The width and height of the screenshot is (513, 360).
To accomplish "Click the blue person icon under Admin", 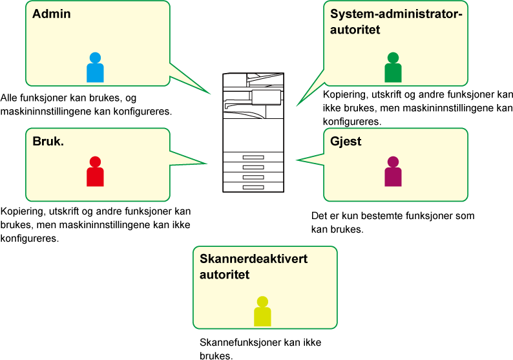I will point(95,68).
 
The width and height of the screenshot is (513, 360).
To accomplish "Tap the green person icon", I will point(393,68).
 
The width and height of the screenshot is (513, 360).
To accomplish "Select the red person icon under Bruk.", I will point(95,172).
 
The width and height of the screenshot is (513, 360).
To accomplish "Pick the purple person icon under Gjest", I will point(393,172).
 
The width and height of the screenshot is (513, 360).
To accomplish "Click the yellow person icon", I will point(262,312).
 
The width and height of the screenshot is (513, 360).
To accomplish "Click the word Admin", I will point(52,14).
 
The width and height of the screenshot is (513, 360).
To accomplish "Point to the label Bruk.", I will point(48,142).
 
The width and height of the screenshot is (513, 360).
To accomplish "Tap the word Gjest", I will point(346,142).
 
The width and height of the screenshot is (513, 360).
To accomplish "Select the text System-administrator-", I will point(397,14).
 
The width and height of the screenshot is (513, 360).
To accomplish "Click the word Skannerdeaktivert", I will point(253,259).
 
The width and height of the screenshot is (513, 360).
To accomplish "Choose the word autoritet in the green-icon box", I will point(355,30).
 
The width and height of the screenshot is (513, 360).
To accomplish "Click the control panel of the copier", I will point(266,97).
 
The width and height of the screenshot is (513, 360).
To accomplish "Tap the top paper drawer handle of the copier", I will point(253,157).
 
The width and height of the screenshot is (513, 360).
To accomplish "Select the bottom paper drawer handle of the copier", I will point(253,187).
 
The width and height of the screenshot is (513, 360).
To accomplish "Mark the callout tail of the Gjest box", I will point(309,158).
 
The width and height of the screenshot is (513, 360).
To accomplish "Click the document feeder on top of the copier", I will point(253,80).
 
